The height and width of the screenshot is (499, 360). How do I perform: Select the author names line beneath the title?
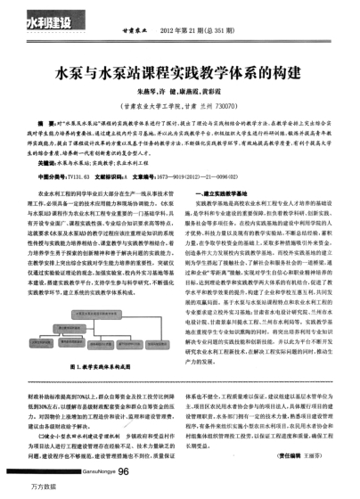[x=179, y=90]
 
